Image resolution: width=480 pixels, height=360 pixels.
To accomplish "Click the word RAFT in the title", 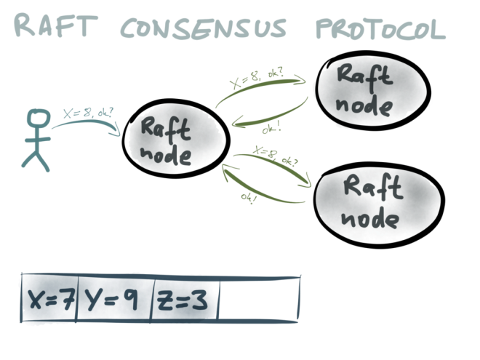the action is [x=56, y=25].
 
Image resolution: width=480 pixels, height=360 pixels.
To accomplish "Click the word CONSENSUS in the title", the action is [x=204, y=28].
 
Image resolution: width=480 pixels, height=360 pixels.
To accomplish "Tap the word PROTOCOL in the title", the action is [x=380, y=29].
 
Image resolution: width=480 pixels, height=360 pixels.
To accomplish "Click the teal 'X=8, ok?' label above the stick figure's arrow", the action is [x=88, y=113].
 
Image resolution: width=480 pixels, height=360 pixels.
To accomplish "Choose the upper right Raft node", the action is [x=373, y=91].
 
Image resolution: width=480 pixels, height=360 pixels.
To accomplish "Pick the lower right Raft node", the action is [x=379, y=204].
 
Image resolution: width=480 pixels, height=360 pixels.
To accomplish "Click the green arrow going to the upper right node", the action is [x=260, y=86].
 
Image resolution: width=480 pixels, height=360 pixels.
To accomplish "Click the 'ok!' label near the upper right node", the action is [x=272, y=128].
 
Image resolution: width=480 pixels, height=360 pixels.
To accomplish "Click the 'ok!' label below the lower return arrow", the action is [x=249, y=198].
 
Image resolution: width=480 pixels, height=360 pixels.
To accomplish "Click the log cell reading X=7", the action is [x=49, y=297].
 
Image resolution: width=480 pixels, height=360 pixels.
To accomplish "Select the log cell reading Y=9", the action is [x=113, y=298].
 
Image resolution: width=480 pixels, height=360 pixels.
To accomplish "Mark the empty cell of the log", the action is [x=259, y=299].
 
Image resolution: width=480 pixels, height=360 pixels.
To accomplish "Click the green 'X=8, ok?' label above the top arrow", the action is [x=257, y=77].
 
